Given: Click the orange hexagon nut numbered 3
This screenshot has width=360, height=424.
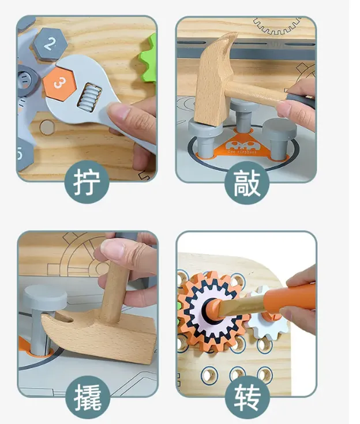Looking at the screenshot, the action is pyautogui.click(x=59, y=83).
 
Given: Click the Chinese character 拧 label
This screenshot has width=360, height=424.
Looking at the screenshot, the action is pyautogui.click(x=87, y=181).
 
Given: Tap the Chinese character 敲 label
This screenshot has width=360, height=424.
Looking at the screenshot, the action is pyautogui.click(x=247, y=183).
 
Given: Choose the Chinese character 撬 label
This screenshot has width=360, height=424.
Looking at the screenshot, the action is pyautogui.click(x=88, y=397).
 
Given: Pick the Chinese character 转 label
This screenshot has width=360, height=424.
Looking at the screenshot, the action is pyautogui.click(x=247, y=397).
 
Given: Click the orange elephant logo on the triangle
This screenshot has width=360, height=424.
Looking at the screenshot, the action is pyautogui.click(x=242, y=147).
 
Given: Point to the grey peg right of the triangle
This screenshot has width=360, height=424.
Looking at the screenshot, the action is pyautogui.click(x=279, y=138).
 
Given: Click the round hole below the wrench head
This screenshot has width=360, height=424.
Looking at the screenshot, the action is pyautogui.click(x=47, y=127).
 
